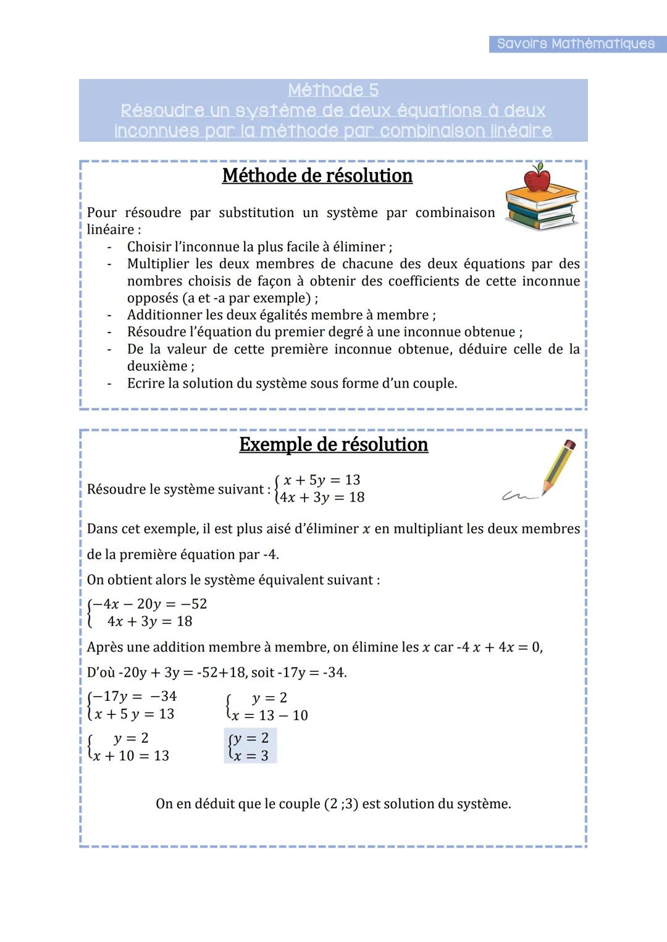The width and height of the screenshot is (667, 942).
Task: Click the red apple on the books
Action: pyautogui.click(x=537, y=180)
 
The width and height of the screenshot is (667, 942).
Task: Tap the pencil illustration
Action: pyautogui.click(x=559, y=466)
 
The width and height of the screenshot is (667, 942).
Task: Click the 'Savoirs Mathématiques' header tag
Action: pyautogui.click(x=576, y=44)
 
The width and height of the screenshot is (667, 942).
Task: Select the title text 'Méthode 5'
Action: pyautogui.click(x=333, y=90)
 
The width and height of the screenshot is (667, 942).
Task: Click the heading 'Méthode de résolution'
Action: pyautogui.click(x=317, y=176)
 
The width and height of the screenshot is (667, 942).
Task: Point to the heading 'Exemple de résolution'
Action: pyautogui.click(x=333, y=445)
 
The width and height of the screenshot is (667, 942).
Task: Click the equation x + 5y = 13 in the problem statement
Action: pyautogui.click(x=321, y=480)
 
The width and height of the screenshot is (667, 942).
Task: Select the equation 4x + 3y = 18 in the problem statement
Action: pyautogui.click(x=322, y=497)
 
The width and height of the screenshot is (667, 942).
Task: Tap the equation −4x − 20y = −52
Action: pyautogui.click(x=149, y=604)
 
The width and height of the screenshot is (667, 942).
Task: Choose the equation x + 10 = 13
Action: pyautogui.click(x=131, y=756)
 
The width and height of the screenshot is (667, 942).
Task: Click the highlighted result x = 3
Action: pyautogui.click(x=251, y=756)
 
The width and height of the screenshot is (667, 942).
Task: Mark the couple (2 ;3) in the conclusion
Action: pyautogui.click(x=341, y=804)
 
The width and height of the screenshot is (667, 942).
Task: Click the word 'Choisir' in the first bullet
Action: pyautogui.click(x=148, y=247)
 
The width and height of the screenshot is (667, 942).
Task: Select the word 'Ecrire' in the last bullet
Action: pyautogui.click(x=146, y=384)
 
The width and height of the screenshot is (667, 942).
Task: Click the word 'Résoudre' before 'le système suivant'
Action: pyautogui.click(x=114, y=489)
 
